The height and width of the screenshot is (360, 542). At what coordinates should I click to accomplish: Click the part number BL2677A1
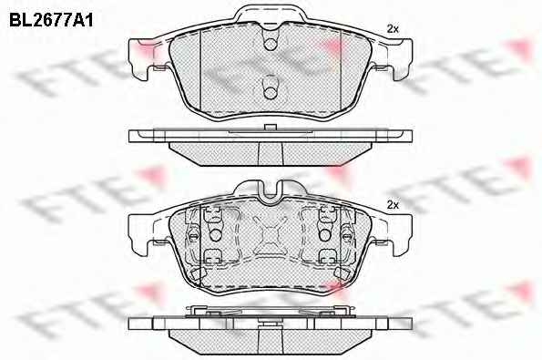click(51, 20)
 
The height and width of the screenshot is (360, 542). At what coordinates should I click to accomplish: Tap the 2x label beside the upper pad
click(393, 29)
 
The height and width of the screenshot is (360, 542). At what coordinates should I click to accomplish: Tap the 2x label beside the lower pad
click(393, 205)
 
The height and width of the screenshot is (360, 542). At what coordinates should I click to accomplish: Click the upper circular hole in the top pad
click(271, 45)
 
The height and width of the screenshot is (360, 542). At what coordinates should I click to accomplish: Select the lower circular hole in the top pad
click(271, 92)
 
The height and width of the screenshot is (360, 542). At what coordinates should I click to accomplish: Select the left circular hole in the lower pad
click(216, 235)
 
